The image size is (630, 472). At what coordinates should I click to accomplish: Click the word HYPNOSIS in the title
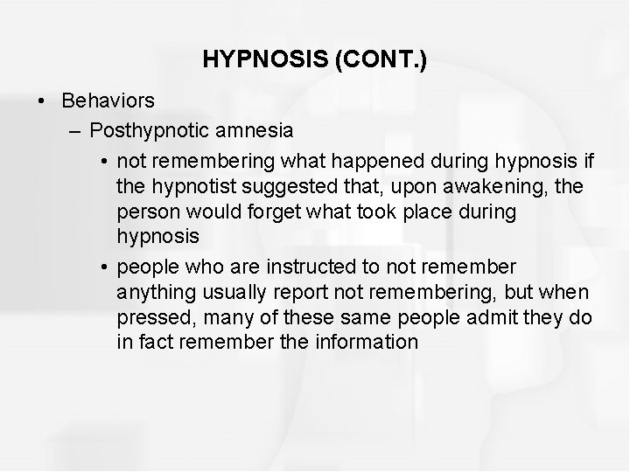tap(253, 59)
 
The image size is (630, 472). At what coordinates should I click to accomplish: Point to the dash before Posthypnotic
tap(72, 131)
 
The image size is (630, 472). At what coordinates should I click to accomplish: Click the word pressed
tap(150, 316)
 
